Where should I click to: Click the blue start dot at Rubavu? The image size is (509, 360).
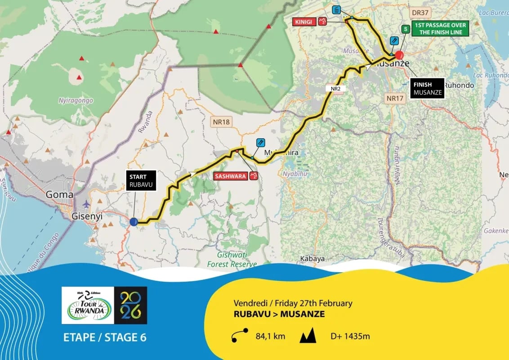134,221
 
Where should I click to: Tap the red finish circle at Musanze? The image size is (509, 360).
399,56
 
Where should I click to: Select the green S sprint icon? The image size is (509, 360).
405,29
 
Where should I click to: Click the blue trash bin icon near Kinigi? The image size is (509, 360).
336,10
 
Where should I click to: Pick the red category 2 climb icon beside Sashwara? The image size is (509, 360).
254,176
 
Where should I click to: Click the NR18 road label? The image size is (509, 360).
222,121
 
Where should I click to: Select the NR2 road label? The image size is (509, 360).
335,89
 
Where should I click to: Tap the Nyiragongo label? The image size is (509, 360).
76,100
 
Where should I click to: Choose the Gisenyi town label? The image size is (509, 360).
87,216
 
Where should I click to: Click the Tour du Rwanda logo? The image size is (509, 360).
87,306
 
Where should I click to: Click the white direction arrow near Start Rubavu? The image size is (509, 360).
194,173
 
